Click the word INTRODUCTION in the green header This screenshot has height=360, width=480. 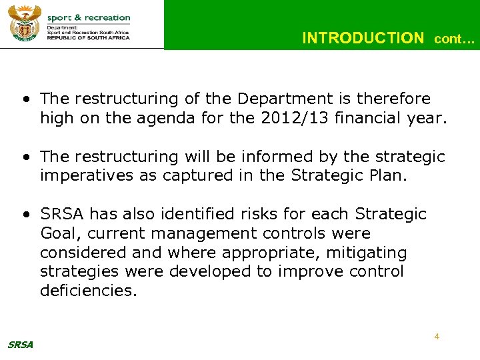pyautogui.click(x=363, y=39)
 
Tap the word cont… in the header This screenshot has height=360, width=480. pyautogui.click(x=455, y=39)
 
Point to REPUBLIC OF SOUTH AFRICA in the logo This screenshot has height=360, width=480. pyautogui.click(x=89, y=38)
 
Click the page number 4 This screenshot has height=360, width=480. pyautogui.click(x=437, y=337)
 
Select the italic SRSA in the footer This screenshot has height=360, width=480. pyautogui.click(x=20, y=345)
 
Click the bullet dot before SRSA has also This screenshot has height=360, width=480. pyautogui.click(x=25, y=215)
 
